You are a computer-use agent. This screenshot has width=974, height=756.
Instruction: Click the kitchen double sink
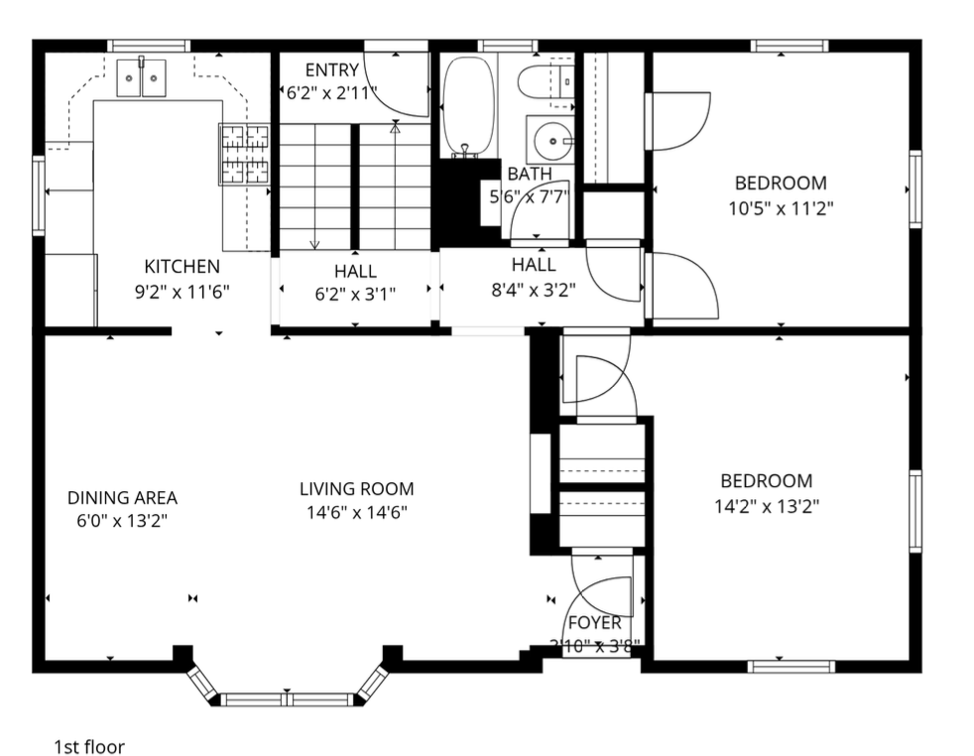(142, 78)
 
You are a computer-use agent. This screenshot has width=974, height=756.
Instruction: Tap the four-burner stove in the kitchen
(245, 154)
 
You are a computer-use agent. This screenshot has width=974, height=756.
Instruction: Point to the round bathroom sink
(548, 140)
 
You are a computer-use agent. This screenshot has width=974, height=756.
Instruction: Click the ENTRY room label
(331, 70)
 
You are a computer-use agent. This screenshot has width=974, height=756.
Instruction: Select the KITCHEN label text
(182, 267)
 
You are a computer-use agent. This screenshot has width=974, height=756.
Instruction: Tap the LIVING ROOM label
(356, 489)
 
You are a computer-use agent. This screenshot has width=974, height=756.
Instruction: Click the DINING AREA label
(122, 498)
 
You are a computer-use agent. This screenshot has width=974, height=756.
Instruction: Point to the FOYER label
(593, 623)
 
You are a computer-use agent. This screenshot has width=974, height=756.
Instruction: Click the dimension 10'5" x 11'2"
(780, 208)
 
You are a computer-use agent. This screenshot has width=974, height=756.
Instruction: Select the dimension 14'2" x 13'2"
(766, 505)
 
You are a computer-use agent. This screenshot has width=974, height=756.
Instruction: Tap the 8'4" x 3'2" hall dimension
(533, 290)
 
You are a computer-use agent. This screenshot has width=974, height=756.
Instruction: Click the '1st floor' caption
(89, 746)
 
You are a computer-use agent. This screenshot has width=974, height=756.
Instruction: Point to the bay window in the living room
(287, 694)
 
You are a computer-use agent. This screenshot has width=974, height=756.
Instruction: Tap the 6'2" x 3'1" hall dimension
(355, 294)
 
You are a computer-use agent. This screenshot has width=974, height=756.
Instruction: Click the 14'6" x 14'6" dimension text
(356, 512)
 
